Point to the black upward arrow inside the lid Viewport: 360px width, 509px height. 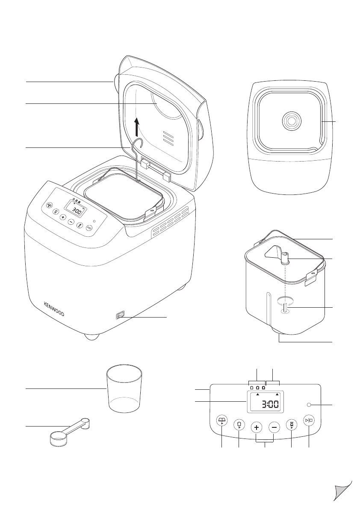[x=137, y=127]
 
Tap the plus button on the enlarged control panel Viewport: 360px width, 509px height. [x=256, y=427]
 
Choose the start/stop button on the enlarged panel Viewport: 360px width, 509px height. [x=309, y=421]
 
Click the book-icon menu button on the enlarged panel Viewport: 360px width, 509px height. [x=221, y=421]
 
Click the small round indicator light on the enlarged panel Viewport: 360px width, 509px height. [x=309, y=404]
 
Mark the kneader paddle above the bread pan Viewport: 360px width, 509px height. [x=276, y=254]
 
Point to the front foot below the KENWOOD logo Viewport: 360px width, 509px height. [x=91, y=336]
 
